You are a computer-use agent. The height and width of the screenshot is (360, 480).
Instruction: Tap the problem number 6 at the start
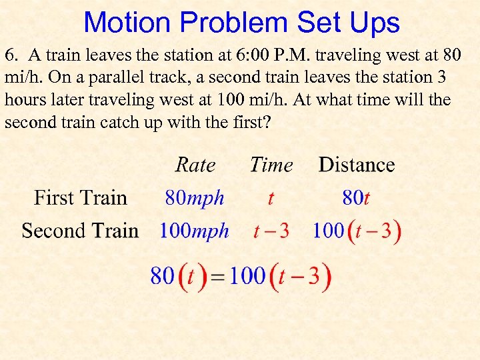coord(9,55)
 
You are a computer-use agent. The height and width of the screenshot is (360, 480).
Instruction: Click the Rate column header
coord(195,165)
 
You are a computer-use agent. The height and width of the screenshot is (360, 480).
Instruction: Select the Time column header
coord(271,165)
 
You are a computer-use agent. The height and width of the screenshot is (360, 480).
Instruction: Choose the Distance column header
coord(357,165)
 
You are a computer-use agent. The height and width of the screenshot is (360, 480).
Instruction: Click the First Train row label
coord(80,198)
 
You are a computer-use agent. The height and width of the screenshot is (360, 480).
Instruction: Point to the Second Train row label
coord(80,231)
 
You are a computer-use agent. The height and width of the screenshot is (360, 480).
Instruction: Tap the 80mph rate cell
coord(195,198)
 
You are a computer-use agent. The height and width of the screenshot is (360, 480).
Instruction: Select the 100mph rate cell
coord(194,231)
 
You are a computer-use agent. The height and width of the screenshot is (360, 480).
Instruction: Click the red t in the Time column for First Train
coord(271,198)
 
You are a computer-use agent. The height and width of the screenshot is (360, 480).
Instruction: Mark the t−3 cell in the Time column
coord(271,231)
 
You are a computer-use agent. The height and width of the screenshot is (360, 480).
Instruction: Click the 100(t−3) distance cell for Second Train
coord(357,231)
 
